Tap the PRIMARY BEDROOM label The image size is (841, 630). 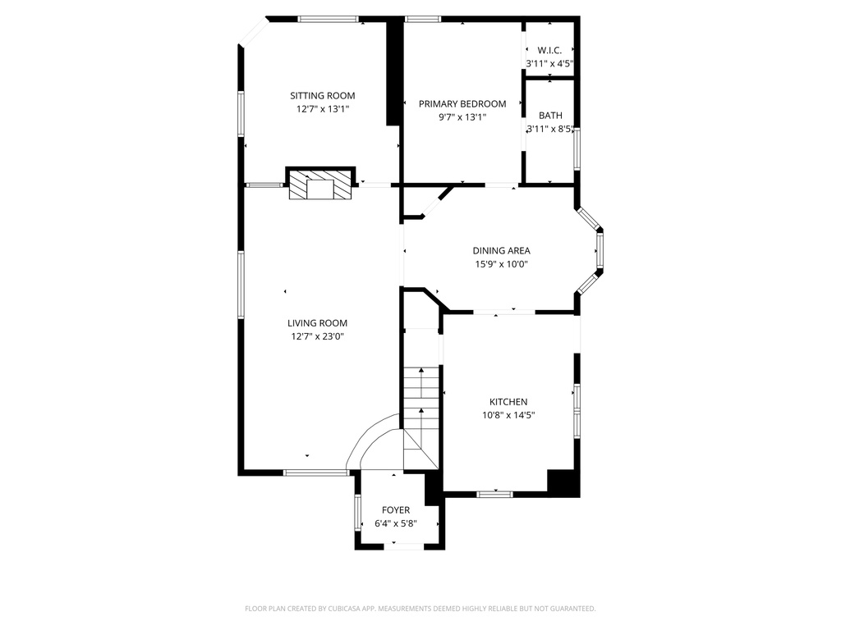pyautogui.click(x=462, y=104)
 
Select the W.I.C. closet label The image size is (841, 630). pyautogui.click(x=549, y=50)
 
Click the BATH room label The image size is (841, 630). pyautogui.click(x=550, y=116)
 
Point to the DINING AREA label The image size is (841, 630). pyautogui.click(x=501, y=251)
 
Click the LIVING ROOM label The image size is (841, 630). pyautogui.click(x=317, y=323)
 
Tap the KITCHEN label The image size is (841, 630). pyautogui.click(x=508, y=402)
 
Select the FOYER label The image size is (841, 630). pyautogui.click(x=396, y=510)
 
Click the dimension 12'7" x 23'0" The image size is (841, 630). pyautogui.click(x=317, y=336)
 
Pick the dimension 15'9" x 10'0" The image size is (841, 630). pyautogui.click(x=501, y=264)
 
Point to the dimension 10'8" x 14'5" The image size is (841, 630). pyautogui.click(x=508, y=415)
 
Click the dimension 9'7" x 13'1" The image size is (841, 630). pyautogui.click(x=462, y=117)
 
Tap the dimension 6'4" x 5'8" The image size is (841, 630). pyautogui.click(x=396, y=523)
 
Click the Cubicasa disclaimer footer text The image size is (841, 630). pyautogui.click(x=420, y=609)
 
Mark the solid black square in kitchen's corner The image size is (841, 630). pyautogui.click(x=563, y=483)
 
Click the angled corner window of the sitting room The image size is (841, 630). pyautogui.click(x=255, y=32)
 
